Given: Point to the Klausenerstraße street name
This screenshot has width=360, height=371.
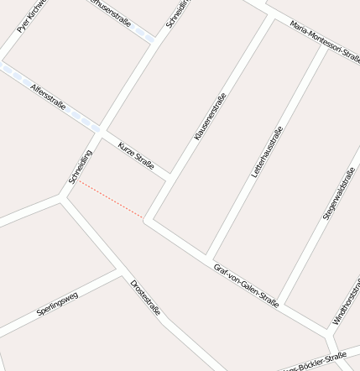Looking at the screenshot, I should tap(210, 116).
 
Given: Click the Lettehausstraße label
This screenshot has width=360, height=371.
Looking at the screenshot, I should tap(269, 151).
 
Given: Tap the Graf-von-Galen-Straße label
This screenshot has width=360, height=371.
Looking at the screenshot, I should tap(246, 285).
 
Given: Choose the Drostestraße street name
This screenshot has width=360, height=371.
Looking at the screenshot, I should tap(145, 298).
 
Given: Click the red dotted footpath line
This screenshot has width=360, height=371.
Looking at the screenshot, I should tap(112, 199).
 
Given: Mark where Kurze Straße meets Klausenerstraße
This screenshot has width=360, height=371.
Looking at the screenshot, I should tap(170, 177).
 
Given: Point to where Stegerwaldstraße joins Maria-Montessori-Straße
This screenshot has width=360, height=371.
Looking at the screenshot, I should tap(326, 46).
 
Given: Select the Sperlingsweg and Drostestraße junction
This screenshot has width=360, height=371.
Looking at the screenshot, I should tap(117, 270).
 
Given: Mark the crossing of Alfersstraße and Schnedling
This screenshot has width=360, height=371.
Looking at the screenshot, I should tap(99, 131).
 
